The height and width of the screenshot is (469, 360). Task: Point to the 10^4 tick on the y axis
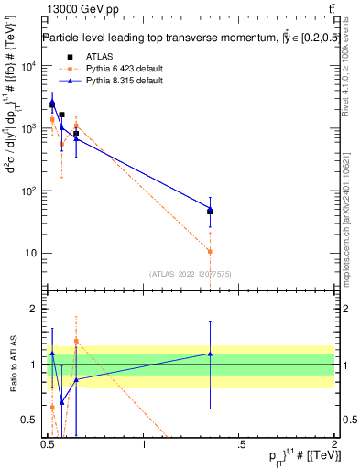(27, 67)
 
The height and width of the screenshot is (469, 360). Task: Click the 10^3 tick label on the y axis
(27, 129)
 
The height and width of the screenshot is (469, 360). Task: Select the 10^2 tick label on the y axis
(27, 191)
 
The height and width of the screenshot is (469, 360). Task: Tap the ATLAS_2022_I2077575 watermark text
(191, 274)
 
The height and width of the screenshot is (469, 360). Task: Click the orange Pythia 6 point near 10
(210, 251)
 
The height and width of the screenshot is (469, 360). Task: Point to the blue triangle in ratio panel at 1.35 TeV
(210, 354)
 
